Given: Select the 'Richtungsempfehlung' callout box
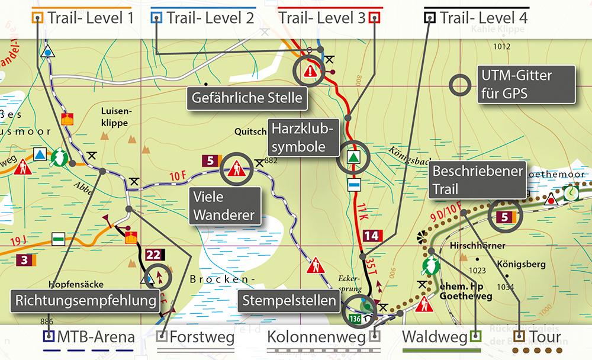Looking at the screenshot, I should (86, 301).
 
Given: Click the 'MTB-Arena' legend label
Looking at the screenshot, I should (95, 338).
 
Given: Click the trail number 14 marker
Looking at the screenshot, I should (371, 236).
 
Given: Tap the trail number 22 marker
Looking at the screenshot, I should (153, 255).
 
